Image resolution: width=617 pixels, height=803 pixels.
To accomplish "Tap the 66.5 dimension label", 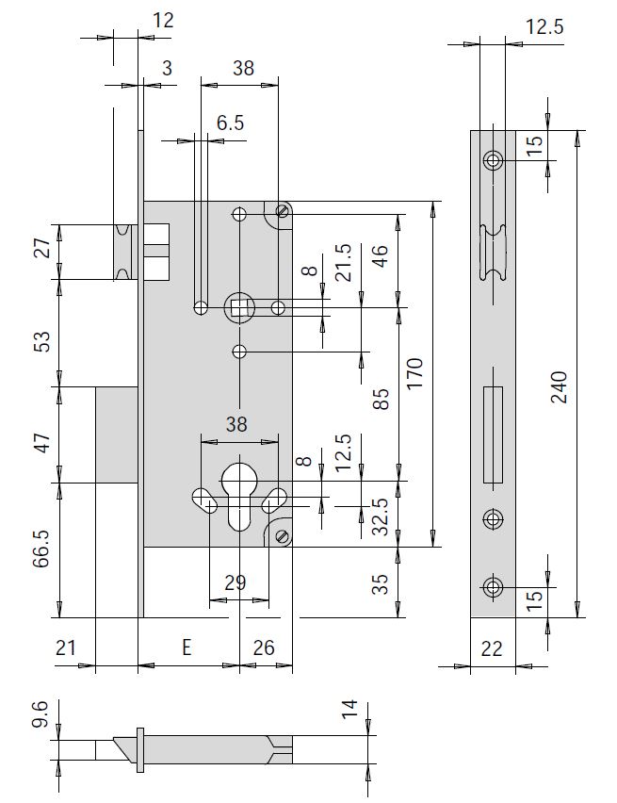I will pos(40,550).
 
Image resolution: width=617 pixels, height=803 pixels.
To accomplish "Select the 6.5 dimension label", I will pos(230,123).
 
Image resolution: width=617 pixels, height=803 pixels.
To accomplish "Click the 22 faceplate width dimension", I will pos(492,647).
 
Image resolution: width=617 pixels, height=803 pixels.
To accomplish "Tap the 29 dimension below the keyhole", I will pos(235,583).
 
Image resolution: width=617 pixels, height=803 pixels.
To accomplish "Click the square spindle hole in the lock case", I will pos(239,305).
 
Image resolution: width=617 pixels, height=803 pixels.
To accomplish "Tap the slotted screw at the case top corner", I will pos(281,211).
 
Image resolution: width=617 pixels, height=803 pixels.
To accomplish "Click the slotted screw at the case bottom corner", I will pos(281,535).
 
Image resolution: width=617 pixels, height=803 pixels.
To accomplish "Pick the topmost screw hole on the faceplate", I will pos(493,160).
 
